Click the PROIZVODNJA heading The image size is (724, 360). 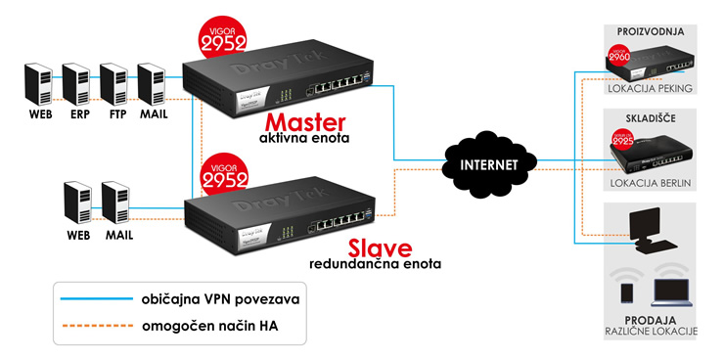point(649,32)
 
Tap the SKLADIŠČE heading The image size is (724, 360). point(649,117)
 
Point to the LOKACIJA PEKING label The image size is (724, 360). point(650,89)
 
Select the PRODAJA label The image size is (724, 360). point(649,320)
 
